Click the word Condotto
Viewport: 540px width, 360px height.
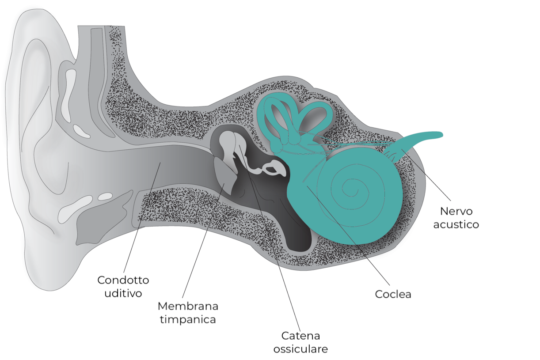tap(123, 280)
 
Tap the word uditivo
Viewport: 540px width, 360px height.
tap(123, 293)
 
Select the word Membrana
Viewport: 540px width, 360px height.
tap(188, 306)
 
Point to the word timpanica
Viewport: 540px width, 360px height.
tap(188, 320)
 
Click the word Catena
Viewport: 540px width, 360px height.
tap(300, 336)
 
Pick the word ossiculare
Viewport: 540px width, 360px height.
tap(300, 349)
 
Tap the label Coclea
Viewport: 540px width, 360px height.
tap(393, 294)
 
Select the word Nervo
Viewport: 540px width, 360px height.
tap(456, 211)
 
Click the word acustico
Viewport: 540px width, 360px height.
tap(456, 224)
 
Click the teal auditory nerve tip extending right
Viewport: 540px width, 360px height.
tap(440, 135)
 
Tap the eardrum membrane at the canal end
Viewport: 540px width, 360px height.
tap(224, 174)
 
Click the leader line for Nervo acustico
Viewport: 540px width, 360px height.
tap(426, 174)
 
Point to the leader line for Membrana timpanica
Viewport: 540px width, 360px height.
tap(203, 240)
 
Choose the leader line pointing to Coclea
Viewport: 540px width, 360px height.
tap(348, 235)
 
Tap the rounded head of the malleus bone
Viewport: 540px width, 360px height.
tap(227, 142)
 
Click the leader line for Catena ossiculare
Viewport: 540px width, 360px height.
tap(270, 238)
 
